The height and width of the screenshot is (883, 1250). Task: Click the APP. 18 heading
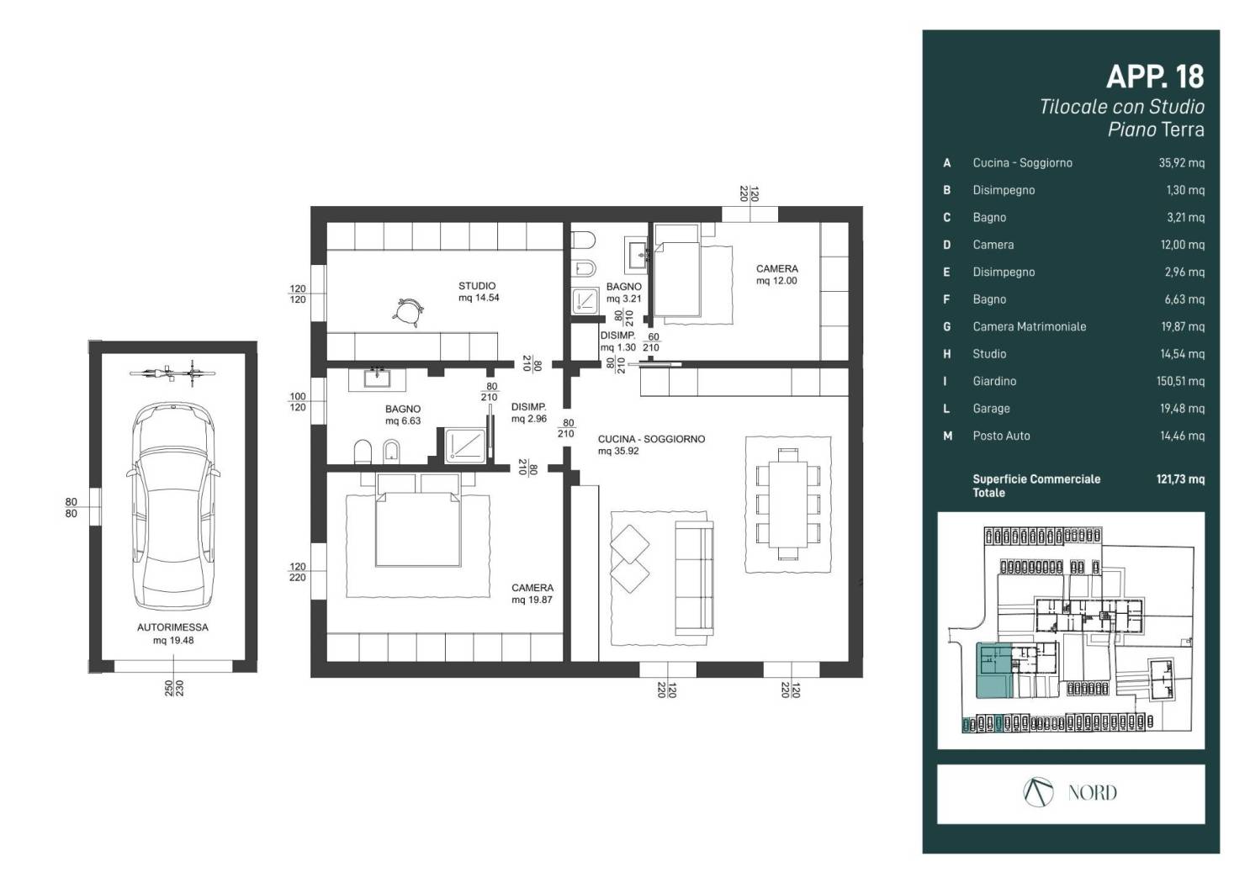[1155, 77]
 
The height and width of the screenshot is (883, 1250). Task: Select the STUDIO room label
[477, 286]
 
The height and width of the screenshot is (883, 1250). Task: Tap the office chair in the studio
[409, 312]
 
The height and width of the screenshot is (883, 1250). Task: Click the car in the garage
[173, 506]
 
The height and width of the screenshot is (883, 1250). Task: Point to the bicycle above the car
[172, 373]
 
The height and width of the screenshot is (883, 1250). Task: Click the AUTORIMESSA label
[172, 627]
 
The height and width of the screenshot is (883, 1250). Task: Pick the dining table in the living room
[788, 505]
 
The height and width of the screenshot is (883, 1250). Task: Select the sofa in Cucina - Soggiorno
[694, 578]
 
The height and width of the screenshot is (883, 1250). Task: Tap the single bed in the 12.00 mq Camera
[677, 271]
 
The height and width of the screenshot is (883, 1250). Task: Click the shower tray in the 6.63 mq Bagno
[465, 445]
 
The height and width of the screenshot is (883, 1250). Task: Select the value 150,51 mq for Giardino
[1180, 381]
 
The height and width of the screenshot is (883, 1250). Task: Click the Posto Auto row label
[1001, 436]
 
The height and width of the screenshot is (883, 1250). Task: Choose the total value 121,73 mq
[1180, 479]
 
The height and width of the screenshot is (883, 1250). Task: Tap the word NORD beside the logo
[1092, 792]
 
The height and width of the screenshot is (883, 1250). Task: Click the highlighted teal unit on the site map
[993, 670]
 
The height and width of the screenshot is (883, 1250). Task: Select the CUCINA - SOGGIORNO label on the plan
[651, 439]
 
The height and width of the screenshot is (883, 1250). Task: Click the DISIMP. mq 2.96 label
[528, 413]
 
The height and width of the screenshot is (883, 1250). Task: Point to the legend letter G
[946, 326]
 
